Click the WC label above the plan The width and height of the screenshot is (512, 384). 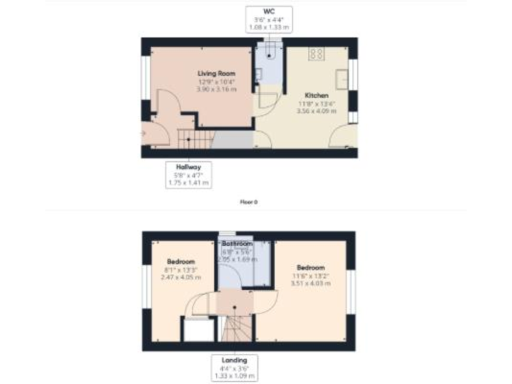[269, 11]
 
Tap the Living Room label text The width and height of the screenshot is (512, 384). [217, 73]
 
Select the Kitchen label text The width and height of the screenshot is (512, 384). [316, 95]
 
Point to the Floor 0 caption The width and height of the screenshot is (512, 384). [248, 201]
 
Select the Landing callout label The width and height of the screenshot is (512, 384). [235, 360]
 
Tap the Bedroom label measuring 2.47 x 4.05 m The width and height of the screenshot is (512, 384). [181, 261]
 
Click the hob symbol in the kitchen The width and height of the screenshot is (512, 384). [316, 55]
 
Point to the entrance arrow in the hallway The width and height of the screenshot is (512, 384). [143, 133]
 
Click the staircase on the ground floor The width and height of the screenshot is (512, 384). [194, 139]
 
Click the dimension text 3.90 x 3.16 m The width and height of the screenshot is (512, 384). [217, 89]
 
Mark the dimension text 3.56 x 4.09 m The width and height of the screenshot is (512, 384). [316, 111]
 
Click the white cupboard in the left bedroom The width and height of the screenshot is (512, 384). [197, 331]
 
